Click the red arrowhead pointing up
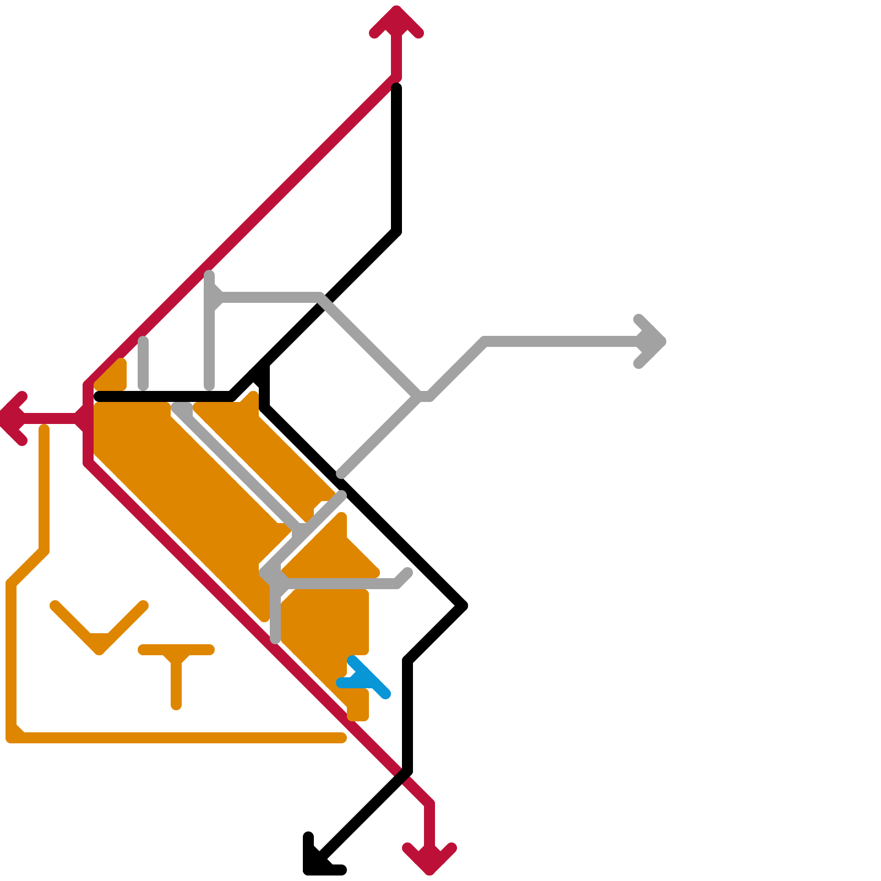point(396,19)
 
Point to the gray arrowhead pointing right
point(652,341)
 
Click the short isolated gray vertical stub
point(143,363)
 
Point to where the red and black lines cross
point(405,774)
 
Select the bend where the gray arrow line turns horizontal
point(485,341)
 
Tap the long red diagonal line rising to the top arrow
point(242,229)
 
